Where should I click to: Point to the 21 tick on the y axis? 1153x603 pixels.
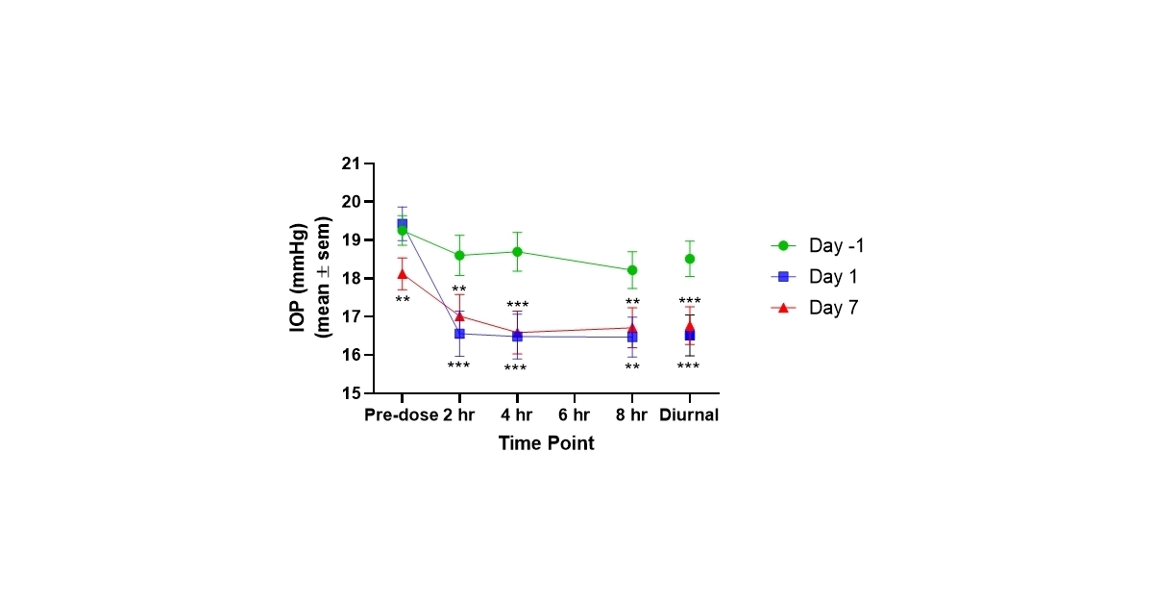351,163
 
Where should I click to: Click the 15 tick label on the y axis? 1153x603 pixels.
351,393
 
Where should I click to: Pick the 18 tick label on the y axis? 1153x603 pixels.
351,279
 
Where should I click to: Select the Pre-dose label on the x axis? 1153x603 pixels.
402,415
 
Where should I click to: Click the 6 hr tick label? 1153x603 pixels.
575,415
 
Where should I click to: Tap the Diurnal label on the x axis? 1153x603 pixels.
689,415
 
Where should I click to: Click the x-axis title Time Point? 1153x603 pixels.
546,443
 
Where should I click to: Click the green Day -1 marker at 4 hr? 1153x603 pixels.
517,252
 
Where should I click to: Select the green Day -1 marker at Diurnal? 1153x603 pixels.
690,259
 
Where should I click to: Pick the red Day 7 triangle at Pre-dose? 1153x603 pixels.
402,274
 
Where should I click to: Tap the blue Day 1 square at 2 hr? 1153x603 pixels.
459,334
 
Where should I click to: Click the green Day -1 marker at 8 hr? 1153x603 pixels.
632,270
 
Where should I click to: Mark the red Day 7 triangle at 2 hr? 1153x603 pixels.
459,315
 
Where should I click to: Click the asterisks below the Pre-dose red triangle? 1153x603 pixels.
402,300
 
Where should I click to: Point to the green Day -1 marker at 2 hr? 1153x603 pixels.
459,256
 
